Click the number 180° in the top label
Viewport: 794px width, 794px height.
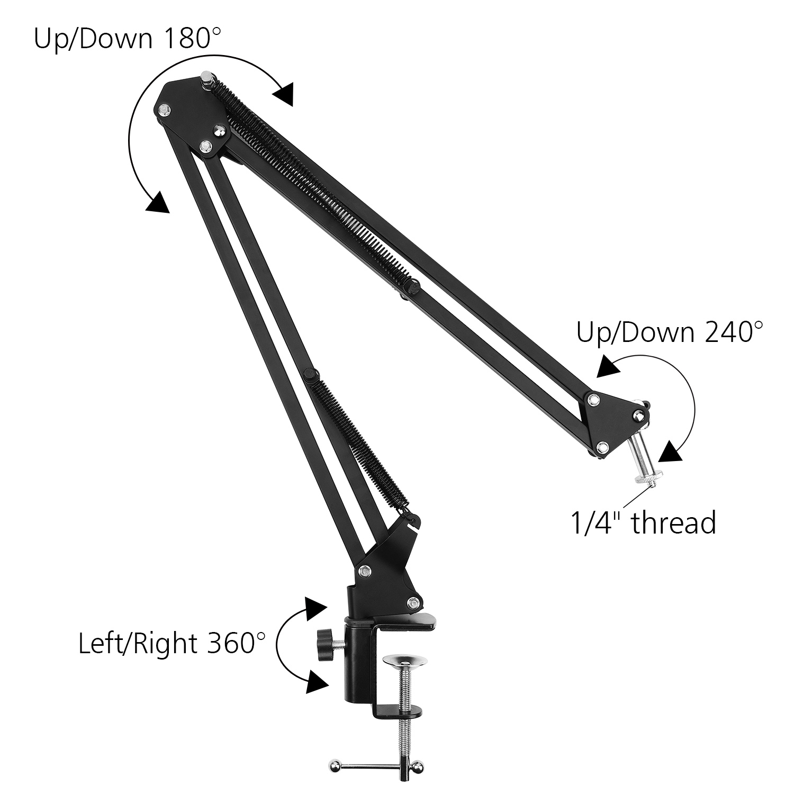pos(188,38)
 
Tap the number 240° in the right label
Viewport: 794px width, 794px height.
pos(731,332)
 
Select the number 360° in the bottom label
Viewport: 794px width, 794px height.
pos(232,644)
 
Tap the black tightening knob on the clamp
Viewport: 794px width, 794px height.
pos(322,644)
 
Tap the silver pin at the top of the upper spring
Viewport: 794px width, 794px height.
pos(206,80)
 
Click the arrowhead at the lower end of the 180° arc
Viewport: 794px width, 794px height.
pos(158,203)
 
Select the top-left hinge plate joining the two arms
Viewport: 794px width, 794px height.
pos(193,116)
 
